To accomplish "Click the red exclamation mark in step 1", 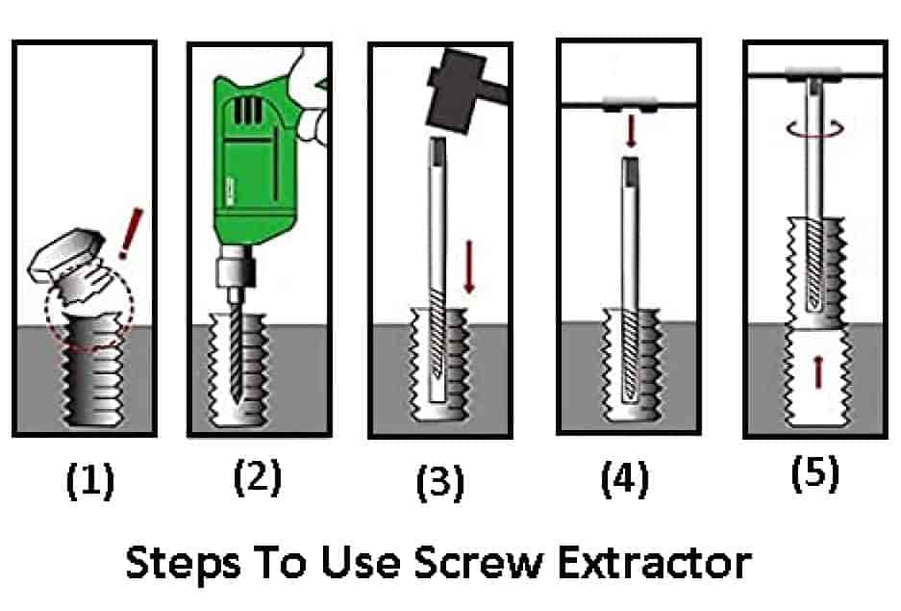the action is (x=131, y=234).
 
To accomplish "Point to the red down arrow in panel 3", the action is (x=469, y=267).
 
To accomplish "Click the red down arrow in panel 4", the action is (x=631, y=131).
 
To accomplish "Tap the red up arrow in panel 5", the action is (x=817, y=371).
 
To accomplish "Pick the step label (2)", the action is (x=258, y=477).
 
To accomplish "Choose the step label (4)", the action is (x=625, y=478).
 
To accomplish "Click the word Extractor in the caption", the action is (x=655, y=562).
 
